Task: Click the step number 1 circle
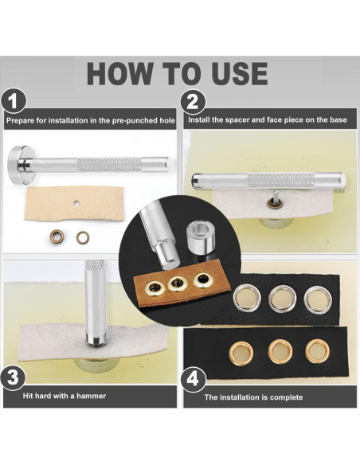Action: [14, 101]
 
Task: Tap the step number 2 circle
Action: [193, 102]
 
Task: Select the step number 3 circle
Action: [13, 377]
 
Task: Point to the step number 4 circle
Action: [193, 380]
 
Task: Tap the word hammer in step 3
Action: [91, 396]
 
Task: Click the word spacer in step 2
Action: [235, 120]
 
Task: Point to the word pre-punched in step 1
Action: [134, 121]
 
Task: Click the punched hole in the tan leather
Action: [76, 204]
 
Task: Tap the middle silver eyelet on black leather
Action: [282, 299]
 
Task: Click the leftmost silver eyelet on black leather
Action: [247, 298]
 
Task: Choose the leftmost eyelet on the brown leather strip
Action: [154, 287]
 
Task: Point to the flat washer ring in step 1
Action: [83, 237]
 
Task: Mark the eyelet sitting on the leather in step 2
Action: [271, 203]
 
